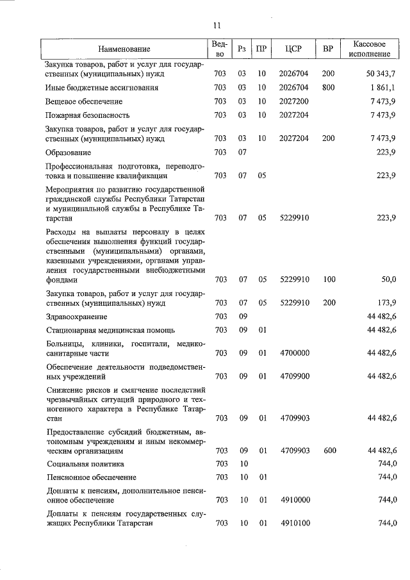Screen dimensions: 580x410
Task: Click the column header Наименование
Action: pos(124,49)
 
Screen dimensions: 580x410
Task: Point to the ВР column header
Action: pos(328,49)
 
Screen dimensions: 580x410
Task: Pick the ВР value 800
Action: pos(328,88)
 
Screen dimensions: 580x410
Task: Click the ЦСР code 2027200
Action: pos(294,102)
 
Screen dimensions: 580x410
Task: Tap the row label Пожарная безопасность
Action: pos(88,115)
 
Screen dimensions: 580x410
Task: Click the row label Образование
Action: pos(69,153)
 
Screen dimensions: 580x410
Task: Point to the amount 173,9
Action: pos(386,302)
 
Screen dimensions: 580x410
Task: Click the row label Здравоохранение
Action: pos(76,317)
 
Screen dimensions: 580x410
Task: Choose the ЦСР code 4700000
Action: pos(294,353)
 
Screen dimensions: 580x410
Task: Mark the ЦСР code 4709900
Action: pos(294,376)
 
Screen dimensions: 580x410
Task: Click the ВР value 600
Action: pos(328,451)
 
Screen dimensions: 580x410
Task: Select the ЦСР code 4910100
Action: pos(294,524)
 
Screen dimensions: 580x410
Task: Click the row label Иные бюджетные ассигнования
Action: pos(102,88)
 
